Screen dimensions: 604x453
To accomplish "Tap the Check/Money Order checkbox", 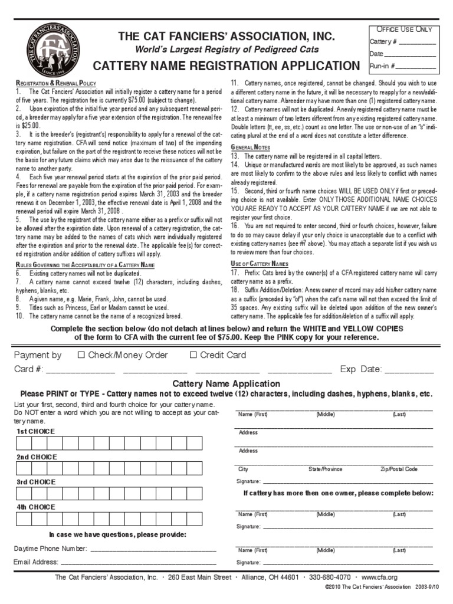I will (81, 355).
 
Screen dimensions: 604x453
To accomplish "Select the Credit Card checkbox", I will (193, 355).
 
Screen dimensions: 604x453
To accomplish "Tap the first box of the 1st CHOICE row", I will (24, 444).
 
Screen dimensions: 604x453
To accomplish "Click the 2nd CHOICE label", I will (36, 457).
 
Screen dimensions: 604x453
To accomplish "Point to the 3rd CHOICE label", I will (36, 482).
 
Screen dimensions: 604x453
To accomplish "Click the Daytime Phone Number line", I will (153, 549).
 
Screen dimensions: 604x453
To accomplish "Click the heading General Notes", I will (251, 147).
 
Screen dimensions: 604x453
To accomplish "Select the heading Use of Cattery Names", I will (260, 263).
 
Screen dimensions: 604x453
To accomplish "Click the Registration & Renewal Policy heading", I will (55, 84).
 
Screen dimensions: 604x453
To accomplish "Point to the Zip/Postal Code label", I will (399, 469).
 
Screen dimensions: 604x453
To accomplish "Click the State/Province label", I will (325, 469).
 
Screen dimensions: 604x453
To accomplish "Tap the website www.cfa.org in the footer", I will (379, 577).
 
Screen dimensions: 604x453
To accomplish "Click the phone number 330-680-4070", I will (329, 577).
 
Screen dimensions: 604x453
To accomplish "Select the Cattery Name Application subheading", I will (226, 384).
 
